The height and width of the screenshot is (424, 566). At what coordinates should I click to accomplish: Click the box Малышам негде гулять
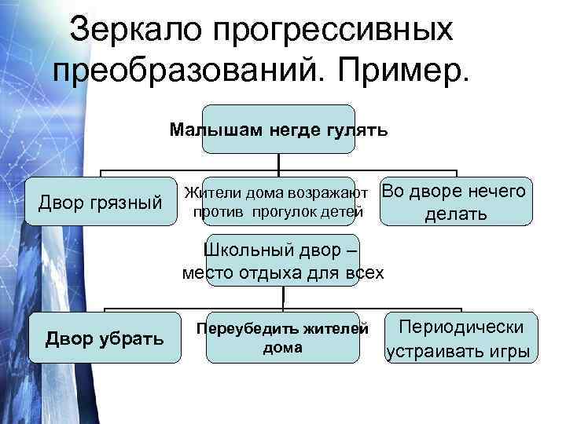tap(278, 130)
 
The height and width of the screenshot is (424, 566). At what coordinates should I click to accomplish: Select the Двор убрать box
tap(105, 338)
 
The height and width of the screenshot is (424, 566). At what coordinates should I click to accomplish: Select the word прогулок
tap(281, 212)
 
